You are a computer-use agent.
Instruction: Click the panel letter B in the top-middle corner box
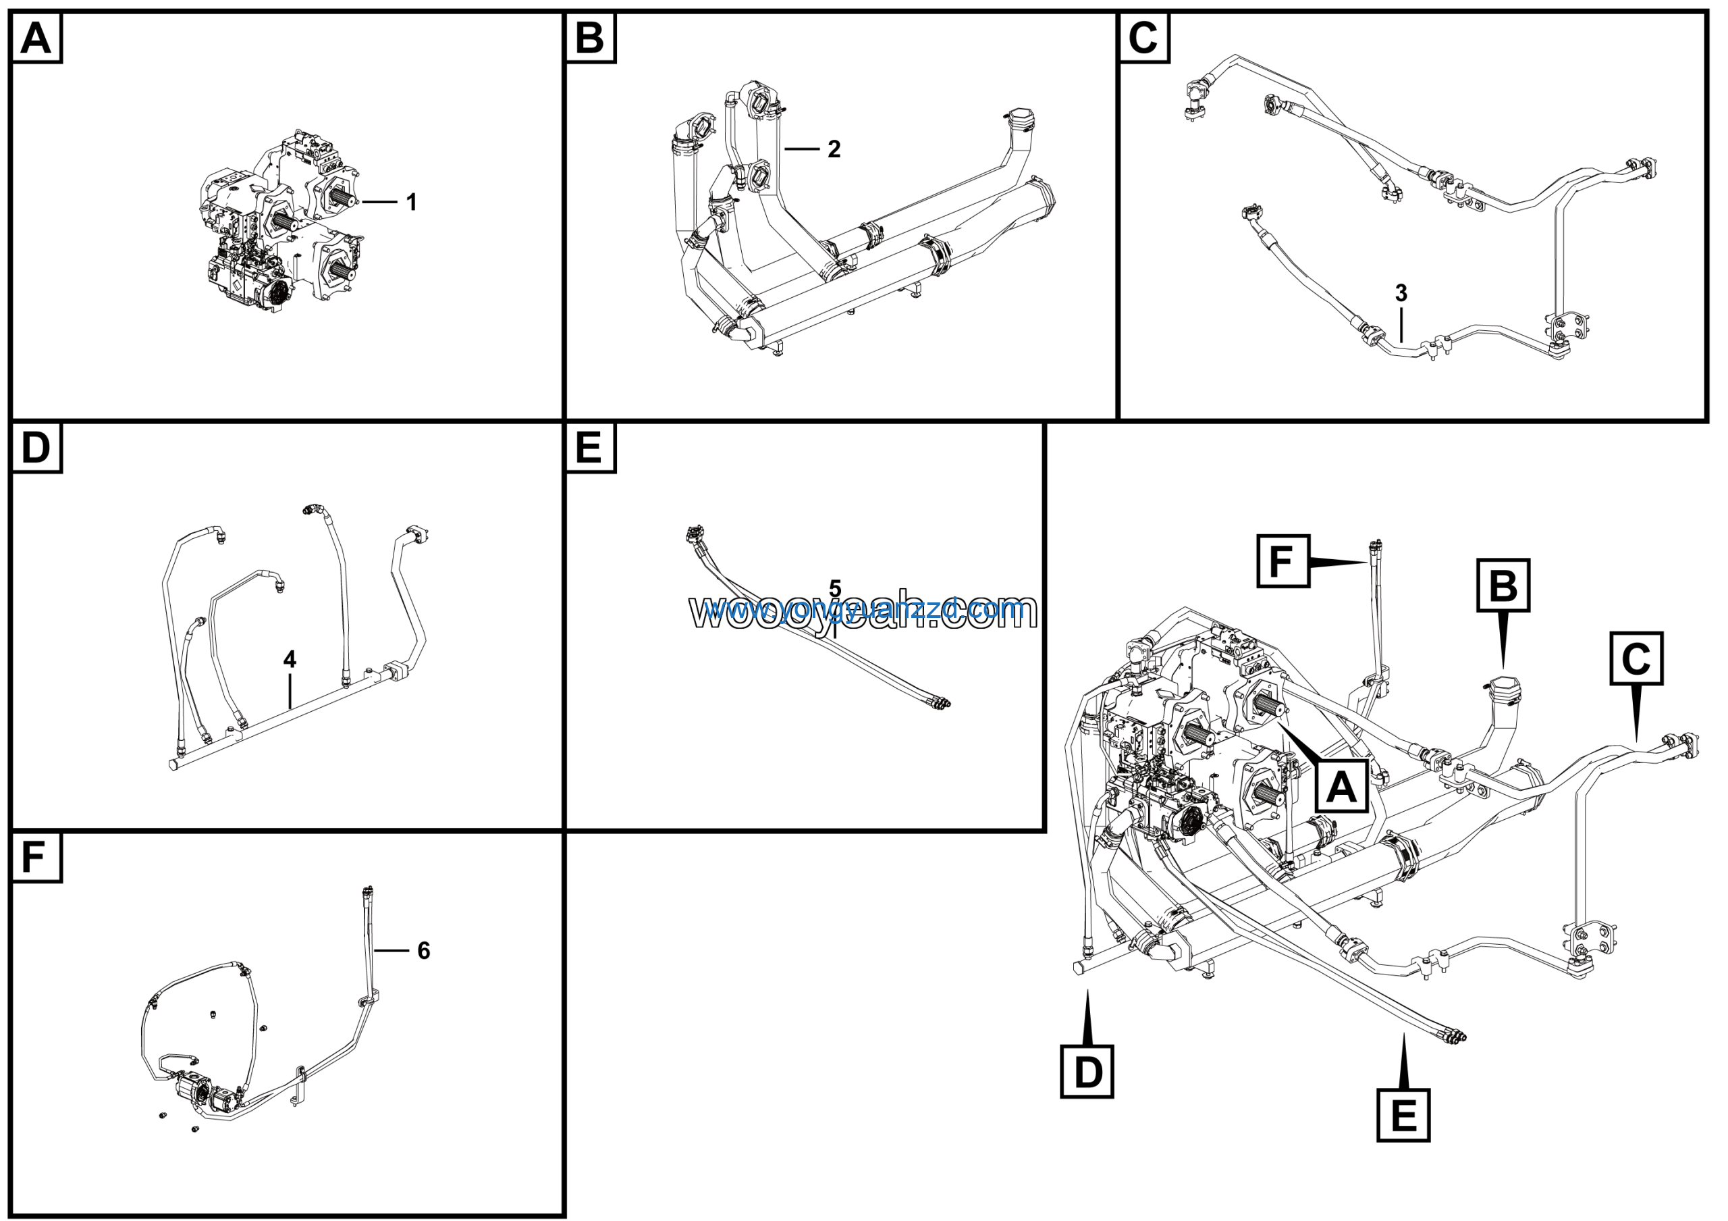coord(589,38)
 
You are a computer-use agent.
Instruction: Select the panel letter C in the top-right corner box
coord(1143,38)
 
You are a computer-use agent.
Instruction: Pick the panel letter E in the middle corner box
coord(589,448)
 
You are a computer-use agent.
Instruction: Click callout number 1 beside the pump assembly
coord(411,202)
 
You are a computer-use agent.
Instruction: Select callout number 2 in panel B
coord(833,149)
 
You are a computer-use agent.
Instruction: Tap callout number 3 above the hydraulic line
coord(1401,293)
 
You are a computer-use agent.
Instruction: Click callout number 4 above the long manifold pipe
coord(290,659)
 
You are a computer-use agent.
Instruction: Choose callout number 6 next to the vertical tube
coord(424,951)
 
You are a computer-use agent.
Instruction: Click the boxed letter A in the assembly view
coord(1341,787)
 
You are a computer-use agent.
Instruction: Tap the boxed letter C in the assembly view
coord(1636,658)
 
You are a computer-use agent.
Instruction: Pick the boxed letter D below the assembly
coord(1087,1071)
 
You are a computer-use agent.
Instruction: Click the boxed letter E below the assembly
coord(1403,1115)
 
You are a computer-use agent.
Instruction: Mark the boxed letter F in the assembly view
coord(1283,561)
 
